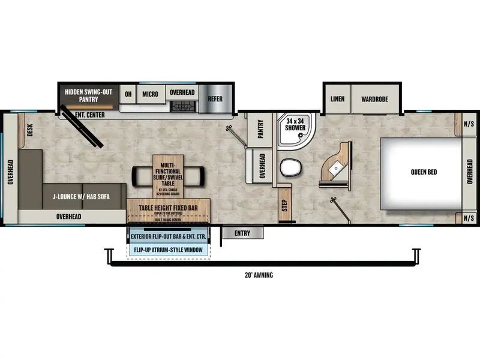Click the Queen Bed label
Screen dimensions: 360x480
coord(424,172)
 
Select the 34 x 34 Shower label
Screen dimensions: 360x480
coord(295,124)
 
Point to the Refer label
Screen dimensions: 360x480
coord(215,99)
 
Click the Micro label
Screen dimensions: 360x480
coord(150,94)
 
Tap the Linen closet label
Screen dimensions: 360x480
coord(337,98)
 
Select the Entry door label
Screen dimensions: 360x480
coord(243,233)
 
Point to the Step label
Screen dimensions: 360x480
coord(285,204)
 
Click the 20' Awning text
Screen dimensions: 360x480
coord(259,275)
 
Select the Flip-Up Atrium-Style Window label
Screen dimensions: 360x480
coord(168,250)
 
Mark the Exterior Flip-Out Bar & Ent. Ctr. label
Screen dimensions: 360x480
coord(168,237)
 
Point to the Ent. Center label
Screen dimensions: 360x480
coord(88,115)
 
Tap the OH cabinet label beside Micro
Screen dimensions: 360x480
coord(128,94)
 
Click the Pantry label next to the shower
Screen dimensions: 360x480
coord(261,129)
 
